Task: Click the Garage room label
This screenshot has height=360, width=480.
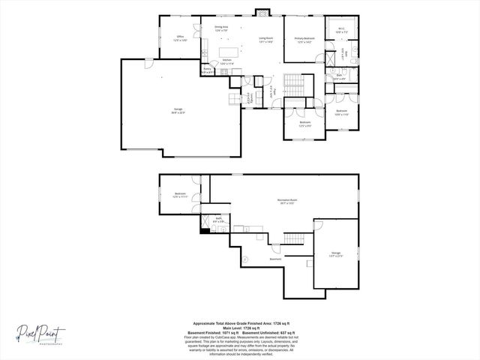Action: click(x=177, y=111)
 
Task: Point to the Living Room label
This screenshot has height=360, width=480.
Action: click(x=266, y=39)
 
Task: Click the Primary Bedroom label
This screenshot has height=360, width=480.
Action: click(x=304, y=40)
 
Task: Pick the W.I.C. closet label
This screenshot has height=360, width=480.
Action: click(x=340, y=31)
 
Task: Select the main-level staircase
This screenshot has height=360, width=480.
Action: click(x=292, y=85)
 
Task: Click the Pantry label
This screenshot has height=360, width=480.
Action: click(x=208, y=71)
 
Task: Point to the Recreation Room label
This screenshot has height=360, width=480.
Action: click(x=289, y=201)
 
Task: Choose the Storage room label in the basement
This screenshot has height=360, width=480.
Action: click(x=335, y=254)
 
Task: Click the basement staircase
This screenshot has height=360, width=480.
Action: click(x=296, y=238)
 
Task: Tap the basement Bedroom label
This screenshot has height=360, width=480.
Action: click(x=180, y=196)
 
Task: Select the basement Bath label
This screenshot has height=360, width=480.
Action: click(x=217, y=220)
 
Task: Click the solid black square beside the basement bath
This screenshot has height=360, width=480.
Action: click(x=205, y=230)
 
